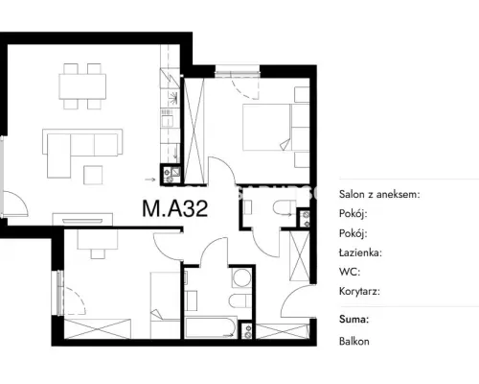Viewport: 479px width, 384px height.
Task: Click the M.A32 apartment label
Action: tap(175, 208)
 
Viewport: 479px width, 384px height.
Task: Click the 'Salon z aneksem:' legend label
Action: tap(379, 194)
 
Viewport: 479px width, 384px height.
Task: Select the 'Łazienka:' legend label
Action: tap(360, 252)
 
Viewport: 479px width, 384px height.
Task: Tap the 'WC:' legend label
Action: tap(350, 272)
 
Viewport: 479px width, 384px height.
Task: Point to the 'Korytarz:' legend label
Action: tap(359, 292)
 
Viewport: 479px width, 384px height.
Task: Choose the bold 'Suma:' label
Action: tap(354, 319)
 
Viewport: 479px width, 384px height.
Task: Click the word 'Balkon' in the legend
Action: tap(354, 342)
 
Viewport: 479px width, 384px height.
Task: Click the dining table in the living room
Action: tap(82, 86)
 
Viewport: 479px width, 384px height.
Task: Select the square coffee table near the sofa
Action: tap(93, 175)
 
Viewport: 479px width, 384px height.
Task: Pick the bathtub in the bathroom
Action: tap(211, 327)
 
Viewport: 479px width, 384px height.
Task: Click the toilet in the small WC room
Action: tap(285, 207)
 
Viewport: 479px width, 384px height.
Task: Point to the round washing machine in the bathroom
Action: tap(241, 277)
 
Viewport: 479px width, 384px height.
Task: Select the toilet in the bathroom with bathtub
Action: tap(239, 300)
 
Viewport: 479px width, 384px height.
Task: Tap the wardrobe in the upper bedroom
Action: tap(194, 132)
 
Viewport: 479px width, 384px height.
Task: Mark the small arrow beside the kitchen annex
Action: tap(149, 180)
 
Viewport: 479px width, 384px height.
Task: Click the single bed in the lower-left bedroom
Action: tap(165, 305)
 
